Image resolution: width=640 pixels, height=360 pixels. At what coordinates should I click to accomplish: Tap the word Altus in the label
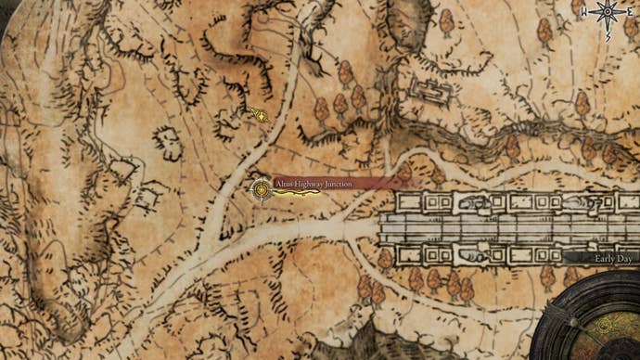(283, 185)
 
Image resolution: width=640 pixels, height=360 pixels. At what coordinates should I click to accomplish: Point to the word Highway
(308, 185)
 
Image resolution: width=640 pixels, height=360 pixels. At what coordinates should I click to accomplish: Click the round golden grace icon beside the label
(262, 190)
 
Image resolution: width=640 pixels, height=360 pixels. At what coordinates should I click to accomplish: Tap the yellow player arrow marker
(260, 115)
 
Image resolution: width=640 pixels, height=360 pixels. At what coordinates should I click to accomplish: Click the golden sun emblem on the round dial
(608, 326)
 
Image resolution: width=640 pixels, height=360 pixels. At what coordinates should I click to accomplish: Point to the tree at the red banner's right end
(404, 173)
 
